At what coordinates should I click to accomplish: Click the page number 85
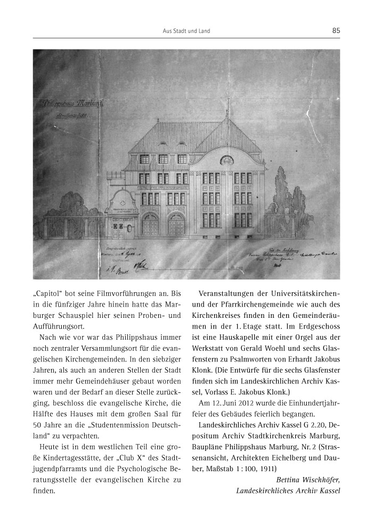point(336,31)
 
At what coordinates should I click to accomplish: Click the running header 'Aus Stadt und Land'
point(186,31)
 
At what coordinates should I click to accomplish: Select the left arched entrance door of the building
point(150,225)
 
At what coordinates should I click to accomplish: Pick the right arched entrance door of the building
point(176,225)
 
